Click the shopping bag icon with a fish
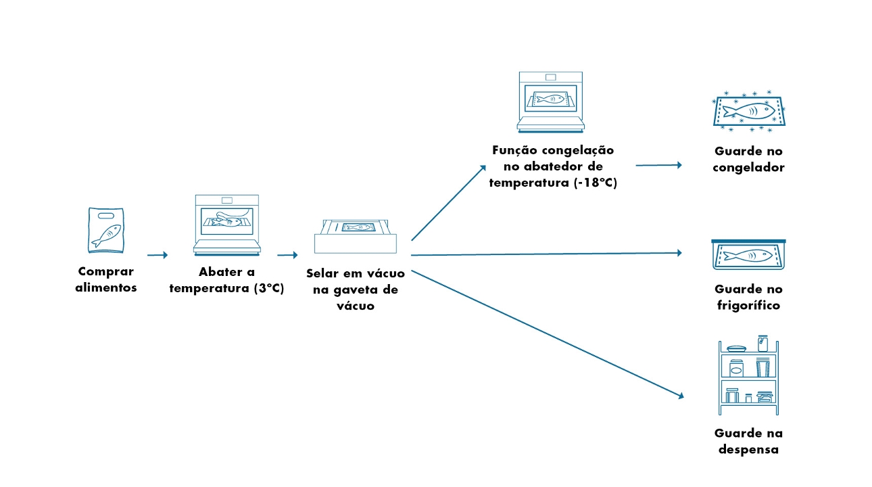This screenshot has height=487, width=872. coord(107,230)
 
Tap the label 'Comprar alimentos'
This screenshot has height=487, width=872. coord(107,279)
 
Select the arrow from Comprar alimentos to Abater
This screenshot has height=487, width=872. coord(157,255)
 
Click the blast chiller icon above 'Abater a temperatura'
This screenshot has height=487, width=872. coord(226,225)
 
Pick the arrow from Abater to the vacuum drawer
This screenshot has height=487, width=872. coord(287,255)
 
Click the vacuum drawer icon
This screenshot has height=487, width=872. coord(356,235)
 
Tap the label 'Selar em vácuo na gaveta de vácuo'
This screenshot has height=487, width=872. coord(355,289)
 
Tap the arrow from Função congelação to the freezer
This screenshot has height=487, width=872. coord(658,165)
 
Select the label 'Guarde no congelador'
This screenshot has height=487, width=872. coord(748,160)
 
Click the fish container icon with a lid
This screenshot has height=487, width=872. coord(748,255)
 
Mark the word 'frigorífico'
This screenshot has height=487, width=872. coord(748,306)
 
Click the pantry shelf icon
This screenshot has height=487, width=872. coord(748,375)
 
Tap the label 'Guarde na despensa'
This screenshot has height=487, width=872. coord(748,441)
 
